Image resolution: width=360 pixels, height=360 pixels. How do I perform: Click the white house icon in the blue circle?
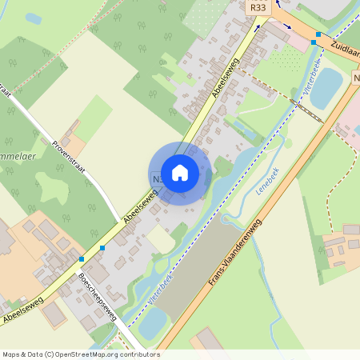point(180,172)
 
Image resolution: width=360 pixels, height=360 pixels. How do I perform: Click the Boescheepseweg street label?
point(98,297)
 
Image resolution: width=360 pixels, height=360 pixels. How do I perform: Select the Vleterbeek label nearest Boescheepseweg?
point(161,289)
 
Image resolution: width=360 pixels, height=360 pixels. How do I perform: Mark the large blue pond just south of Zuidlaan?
point(326,89)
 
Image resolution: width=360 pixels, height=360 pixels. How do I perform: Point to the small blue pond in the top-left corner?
point(33,18)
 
